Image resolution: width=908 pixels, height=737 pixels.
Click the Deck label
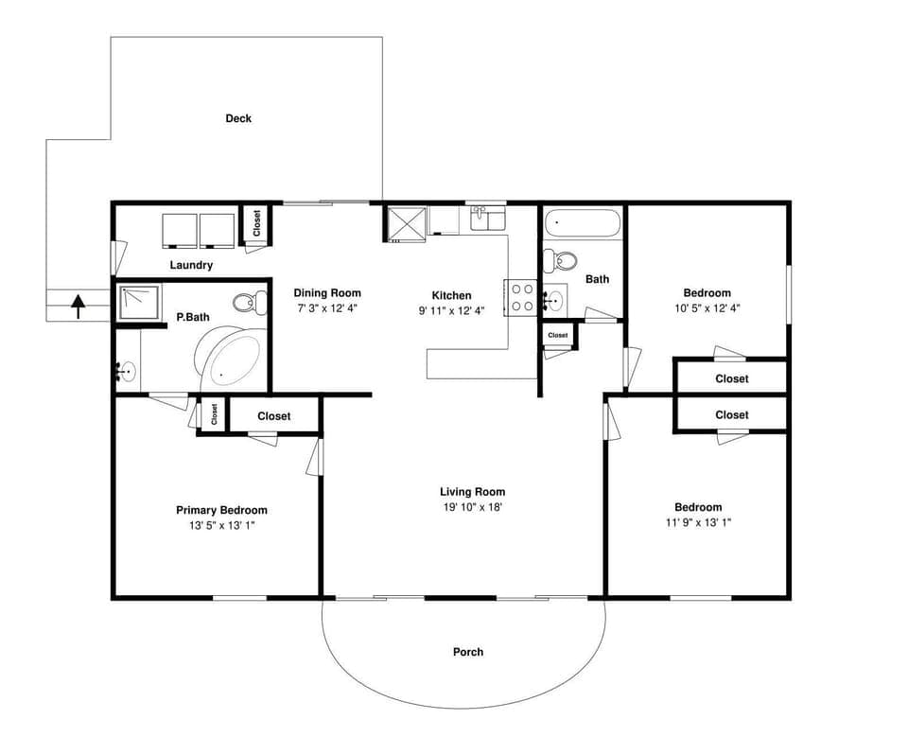point(238,118)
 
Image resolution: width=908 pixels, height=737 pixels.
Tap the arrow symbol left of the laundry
point(79,304)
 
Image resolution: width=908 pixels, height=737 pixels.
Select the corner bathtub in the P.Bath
point(231,360)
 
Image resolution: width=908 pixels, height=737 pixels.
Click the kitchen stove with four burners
point(522,297)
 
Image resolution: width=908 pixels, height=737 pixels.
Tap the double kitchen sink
point(488,219)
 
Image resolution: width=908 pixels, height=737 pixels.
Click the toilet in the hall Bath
point(565,259)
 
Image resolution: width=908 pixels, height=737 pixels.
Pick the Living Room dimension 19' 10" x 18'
point(473,507)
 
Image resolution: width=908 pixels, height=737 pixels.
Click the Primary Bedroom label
point(221,510)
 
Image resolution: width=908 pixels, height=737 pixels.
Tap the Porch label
point(468,652)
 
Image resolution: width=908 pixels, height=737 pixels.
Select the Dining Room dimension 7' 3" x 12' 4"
point(326,308)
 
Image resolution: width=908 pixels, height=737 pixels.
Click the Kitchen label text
point(451,295)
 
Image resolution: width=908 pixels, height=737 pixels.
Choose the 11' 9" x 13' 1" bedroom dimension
point(697,522)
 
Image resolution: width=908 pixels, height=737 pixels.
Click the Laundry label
point(191,265)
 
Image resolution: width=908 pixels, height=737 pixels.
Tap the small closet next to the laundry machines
point(256,225)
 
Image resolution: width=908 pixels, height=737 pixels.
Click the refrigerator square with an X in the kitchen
point(406,222)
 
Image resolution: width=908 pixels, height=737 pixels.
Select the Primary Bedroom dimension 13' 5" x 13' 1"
point(221,525)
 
